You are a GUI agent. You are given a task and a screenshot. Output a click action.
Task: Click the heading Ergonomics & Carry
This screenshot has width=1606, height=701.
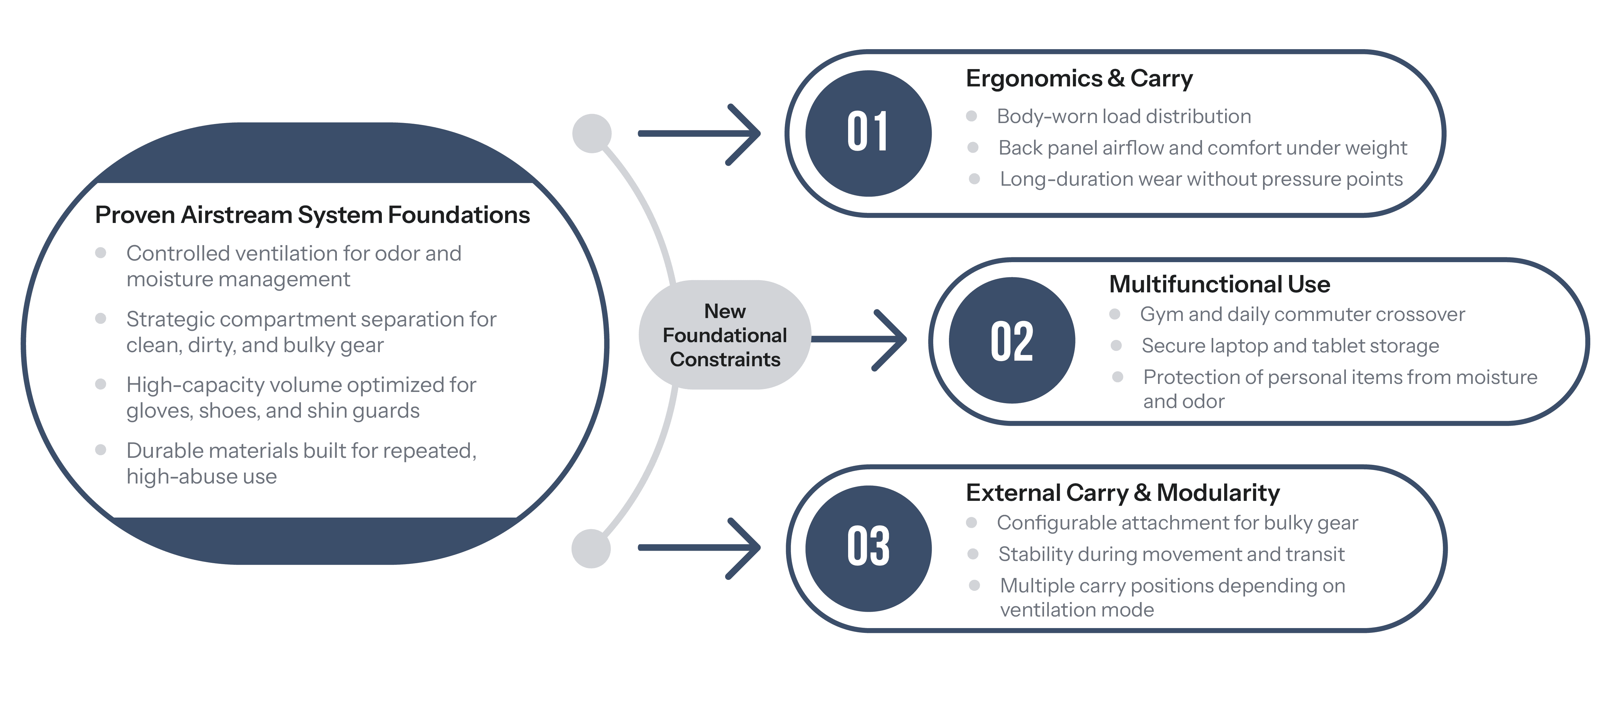[x=1079, y=79]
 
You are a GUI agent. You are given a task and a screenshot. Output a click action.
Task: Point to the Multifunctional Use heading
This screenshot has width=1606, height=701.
[x=1219, y=284]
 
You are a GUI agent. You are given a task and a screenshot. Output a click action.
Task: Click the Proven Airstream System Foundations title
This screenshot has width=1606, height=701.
[x=312, y=215]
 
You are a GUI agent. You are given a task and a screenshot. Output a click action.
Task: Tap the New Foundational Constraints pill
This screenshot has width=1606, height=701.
[x=724, y=335]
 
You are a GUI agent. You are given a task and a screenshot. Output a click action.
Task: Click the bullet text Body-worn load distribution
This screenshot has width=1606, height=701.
[x=1123, y=117]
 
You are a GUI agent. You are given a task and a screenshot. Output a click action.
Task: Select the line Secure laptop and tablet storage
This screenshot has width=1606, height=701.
[x=1290, y=345]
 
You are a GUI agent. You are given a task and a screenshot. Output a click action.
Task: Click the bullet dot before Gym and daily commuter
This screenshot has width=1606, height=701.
[x=1115, y=314]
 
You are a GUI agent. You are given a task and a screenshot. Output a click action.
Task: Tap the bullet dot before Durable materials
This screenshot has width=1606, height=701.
[x=101, y=450]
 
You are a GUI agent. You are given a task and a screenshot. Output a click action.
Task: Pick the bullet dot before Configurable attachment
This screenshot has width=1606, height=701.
[x=971, y=523]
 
